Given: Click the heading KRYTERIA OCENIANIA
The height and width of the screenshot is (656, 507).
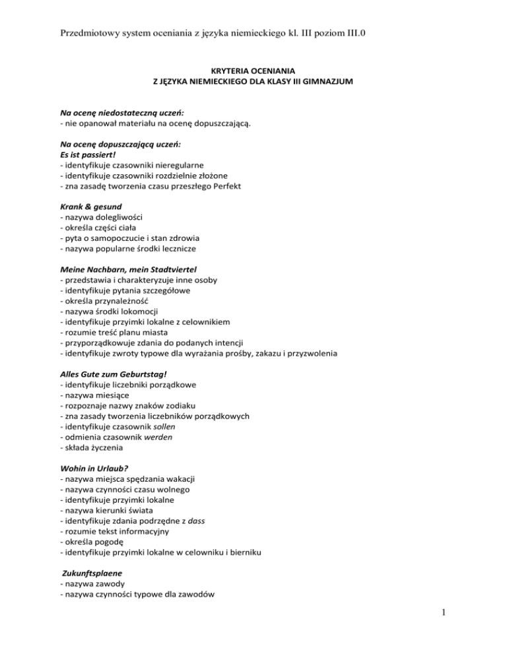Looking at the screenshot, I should click(x=253, y=71).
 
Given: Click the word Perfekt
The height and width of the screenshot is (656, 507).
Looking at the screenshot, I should click(x=224, y=185).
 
